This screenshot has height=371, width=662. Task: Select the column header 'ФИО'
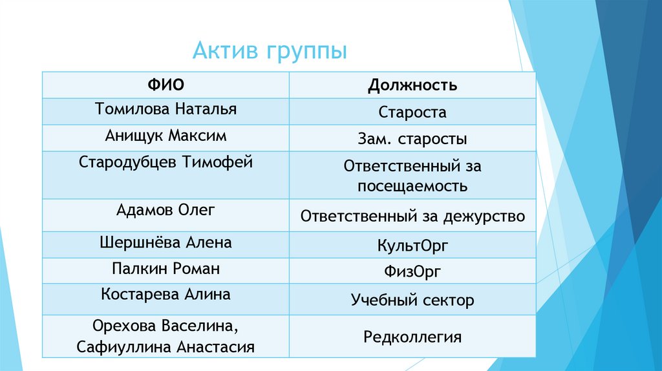point(165,84)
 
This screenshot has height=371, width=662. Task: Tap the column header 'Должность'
point(412,85)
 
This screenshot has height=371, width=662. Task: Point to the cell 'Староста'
point(412,112)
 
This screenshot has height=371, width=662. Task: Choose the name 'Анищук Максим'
point(165,136)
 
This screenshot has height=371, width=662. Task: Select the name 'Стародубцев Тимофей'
point(165,162)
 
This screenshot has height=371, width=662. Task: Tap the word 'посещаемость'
point(412,187)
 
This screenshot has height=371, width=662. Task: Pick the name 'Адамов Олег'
point(165,210)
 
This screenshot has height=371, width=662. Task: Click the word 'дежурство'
point(484,216)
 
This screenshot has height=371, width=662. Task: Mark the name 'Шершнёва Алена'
point(165,242)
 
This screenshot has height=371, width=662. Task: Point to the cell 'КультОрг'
point(412,246)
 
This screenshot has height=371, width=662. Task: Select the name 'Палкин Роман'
point(165,268)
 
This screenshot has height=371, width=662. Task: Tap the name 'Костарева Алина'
point(165,294)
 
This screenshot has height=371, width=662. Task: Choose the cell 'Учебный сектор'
point(412,300)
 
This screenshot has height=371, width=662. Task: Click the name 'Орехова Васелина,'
point(165,324)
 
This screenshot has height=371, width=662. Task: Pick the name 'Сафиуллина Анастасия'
point(165,346)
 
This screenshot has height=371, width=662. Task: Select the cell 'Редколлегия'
point(412,336)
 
